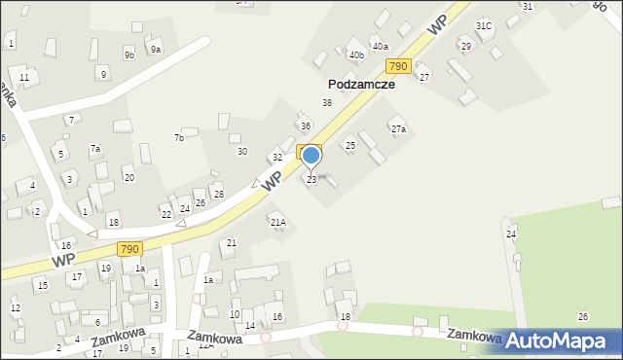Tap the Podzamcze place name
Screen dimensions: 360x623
coord(360,85)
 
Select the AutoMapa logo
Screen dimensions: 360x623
coord(562,341)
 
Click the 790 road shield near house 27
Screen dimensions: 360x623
coord(396,66)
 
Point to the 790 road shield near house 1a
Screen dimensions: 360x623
coord(129,250)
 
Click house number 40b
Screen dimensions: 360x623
coord(356,55)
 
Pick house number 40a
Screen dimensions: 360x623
coord(381,47)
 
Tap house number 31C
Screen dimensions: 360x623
coord(484,25)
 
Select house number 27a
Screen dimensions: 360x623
coord(398,129)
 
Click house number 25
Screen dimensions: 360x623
coord(350,145)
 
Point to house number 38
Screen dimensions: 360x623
coord(327,103)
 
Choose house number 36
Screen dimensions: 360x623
coord(306,126)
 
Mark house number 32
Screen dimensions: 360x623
coord(277,158)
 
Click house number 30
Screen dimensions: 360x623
coord(242,151)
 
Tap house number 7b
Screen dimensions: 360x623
coord(179,138)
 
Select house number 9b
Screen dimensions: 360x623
coord(128,55)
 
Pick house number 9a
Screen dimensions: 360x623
coord(155,49)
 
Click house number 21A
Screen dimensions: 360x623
coord(278,223)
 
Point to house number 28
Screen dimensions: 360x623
coord(219,195)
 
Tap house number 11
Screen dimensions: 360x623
coord(24,77)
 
